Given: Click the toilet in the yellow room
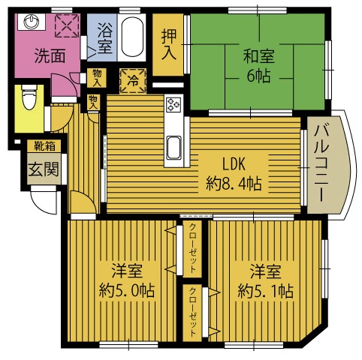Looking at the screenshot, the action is (x=29, y=97).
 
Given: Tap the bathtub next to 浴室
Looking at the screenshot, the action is (x=132, y=37).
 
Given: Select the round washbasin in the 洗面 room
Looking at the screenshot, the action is (x=31, y=22).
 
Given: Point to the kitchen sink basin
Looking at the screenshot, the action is (x=174, y=148).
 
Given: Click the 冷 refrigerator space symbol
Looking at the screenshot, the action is (x=133, y=80).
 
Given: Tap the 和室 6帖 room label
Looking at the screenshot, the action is (x=259, y=65).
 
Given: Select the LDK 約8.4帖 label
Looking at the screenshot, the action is (x=234, y=173).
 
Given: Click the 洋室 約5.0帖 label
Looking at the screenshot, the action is (x=127, y=280).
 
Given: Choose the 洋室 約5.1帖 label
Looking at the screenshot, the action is (x=266, y=280).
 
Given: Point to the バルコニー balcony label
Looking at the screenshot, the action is (x=321, y=163).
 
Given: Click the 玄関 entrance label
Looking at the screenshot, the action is (x=44, y=169).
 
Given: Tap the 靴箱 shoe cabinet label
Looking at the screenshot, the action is (x=45, y=145).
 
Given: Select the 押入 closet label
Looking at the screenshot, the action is (x=169, y=44).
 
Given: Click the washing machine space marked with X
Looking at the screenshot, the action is (x=67, y=25).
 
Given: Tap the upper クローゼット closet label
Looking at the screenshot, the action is (x=192, y=248).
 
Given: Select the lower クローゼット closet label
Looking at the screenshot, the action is (x=192, y=312).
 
